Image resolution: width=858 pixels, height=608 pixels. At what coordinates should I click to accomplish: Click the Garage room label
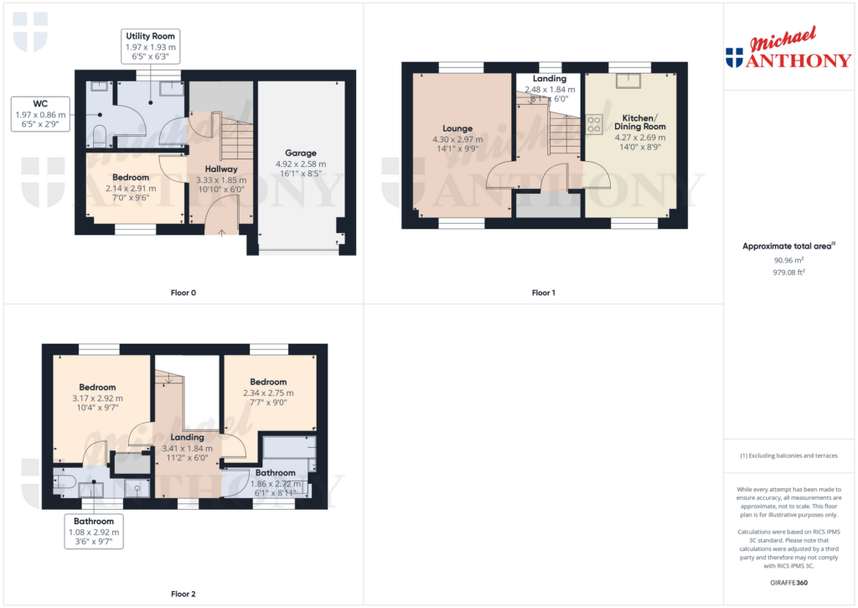click(300, 153)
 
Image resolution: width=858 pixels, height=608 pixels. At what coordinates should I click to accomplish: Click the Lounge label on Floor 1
click(457, 129)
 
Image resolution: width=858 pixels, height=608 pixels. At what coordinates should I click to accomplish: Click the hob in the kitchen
click(595, 125)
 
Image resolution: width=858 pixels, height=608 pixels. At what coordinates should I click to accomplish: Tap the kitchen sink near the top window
click(625, 81)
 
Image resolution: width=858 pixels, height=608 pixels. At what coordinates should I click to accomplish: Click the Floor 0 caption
click(183, 293)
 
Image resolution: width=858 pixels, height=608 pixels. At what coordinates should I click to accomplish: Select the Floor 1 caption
click(543, 293)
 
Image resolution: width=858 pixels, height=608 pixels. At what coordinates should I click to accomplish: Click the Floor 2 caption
click(183, 594)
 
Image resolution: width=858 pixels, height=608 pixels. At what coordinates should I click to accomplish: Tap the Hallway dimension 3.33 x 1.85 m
click(220, 179)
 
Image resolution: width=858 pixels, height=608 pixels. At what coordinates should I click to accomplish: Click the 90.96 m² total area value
click(789, 260)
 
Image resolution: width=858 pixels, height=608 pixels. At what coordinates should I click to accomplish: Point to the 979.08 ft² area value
click(789, 272)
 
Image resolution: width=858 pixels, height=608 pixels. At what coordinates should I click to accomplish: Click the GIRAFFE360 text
click(789, 582)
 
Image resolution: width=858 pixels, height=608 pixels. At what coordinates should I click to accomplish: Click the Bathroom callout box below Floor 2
click(93, 532)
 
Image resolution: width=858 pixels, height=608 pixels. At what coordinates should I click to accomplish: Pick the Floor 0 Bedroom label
click(131, 177)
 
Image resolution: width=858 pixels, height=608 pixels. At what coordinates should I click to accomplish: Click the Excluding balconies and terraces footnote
click(789, 455)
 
